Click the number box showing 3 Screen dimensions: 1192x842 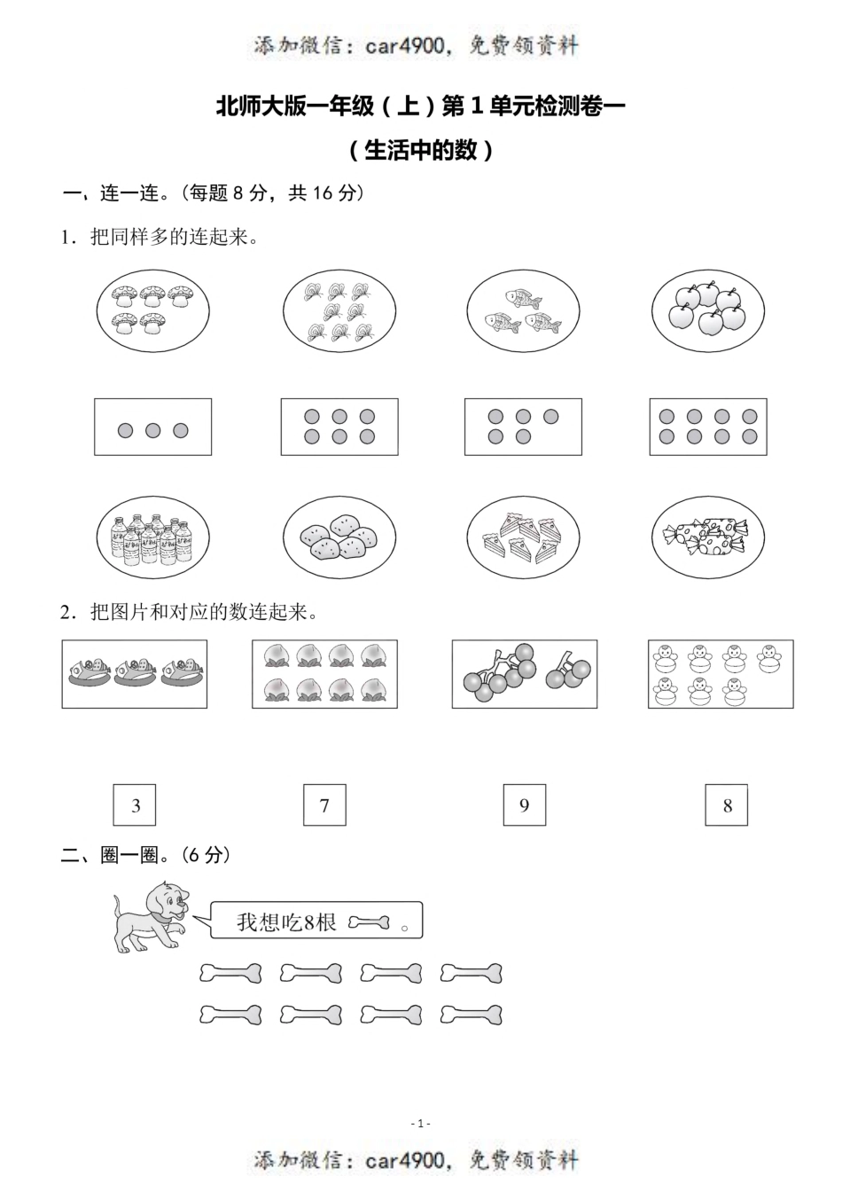[136, 805]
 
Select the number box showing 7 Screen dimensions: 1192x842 [324, 805]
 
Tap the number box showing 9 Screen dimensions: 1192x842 [524, 805]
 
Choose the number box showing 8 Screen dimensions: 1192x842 [727, 805]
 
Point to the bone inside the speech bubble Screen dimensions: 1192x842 [369, 923]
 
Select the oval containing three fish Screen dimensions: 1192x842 [523, 311]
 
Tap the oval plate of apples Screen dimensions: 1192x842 [708, 311]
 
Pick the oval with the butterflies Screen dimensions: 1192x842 [339, 311]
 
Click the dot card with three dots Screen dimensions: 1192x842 [153, 427]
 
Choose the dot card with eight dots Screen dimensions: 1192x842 [708, 427]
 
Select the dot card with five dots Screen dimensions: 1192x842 [523, 427]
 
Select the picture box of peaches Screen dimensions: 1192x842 [324, 675]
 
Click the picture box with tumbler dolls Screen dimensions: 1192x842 [721, 675]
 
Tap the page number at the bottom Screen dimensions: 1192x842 [421, 1124]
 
